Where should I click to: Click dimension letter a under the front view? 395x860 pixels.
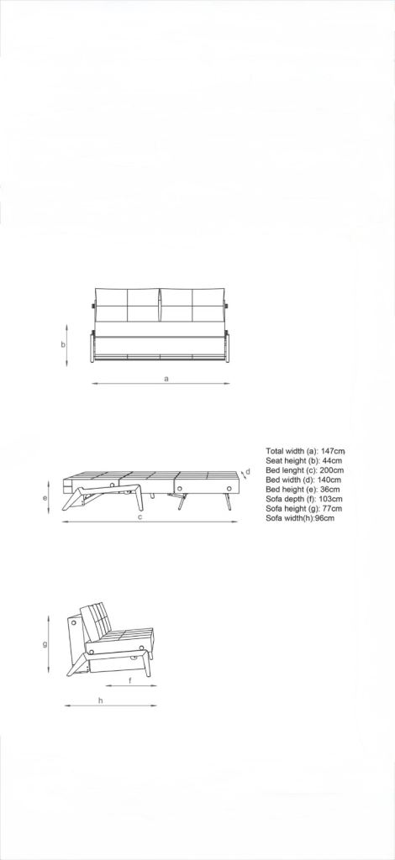166,379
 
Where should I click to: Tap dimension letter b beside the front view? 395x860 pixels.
63,344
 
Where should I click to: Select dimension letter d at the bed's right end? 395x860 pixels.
248,472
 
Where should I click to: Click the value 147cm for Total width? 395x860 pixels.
334,451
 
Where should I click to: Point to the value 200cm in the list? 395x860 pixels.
330,470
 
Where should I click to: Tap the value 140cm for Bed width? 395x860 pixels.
326,480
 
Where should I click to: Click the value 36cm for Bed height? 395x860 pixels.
329,489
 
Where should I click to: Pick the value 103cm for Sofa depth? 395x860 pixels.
331,499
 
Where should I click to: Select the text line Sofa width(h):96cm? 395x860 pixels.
299,518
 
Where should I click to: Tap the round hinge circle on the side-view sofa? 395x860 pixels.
76,624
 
